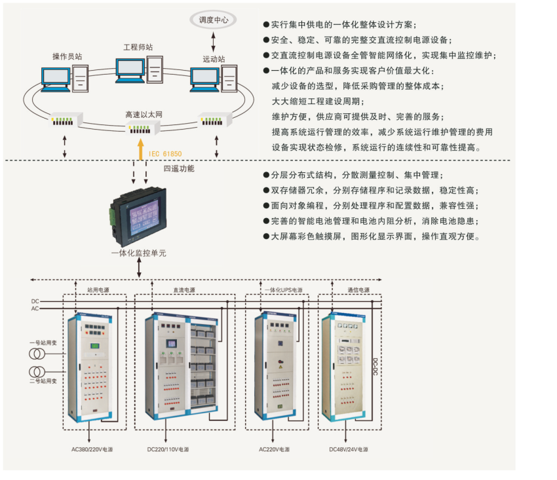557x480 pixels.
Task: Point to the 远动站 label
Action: click(214, 59)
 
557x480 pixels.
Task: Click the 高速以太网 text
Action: click(144, 115)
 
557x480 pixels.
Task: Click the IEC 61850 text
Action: click(165, 154)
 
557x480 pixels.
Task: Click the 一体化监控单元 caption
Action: click(138, 252)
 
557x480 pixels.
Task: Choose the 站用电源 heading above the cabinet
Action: click(98, 289)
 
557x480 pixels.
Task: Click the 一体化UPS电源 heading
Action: click(283, 289)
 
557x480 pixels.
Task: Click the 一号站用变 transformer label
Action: click(41, 342)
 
